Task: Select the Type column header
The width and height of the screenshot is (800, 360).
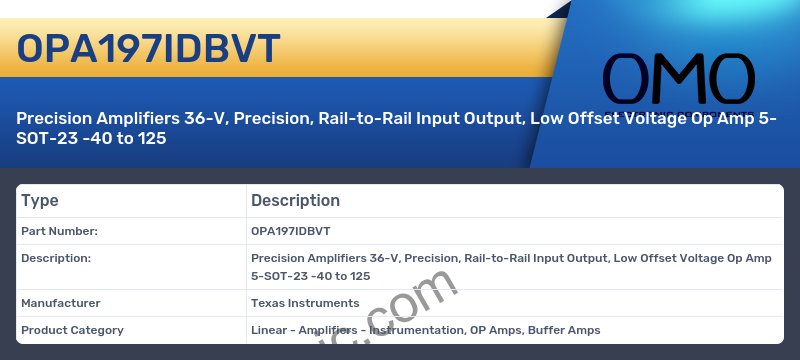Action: click(x=40, y=201)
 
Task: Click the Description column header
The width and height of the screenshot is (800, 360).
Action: click(x=295, y=201)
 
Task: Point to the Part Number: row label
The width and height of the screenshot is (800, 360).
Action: click(x=59, y=231)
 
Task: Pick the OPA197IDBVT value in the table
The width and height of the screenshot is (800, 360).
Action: click(x=290, y=231)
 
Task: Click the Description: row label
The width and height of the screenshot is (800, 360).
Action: click(x=56, y=258)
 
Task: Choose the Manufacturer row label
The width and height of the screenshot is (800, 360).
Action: click(x=61, y=303)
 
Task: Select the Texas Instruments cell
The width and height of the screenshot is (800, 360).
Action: click(x=305, y=303)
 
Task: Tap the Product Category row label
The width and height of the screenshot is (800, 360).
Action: click(x=72, y=330)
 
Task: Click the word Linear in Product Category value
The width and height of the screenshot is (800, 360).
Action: click(x=269, y=330)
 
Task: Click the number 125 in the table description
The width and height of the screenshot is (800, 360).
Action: click(x=360, y=275)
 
